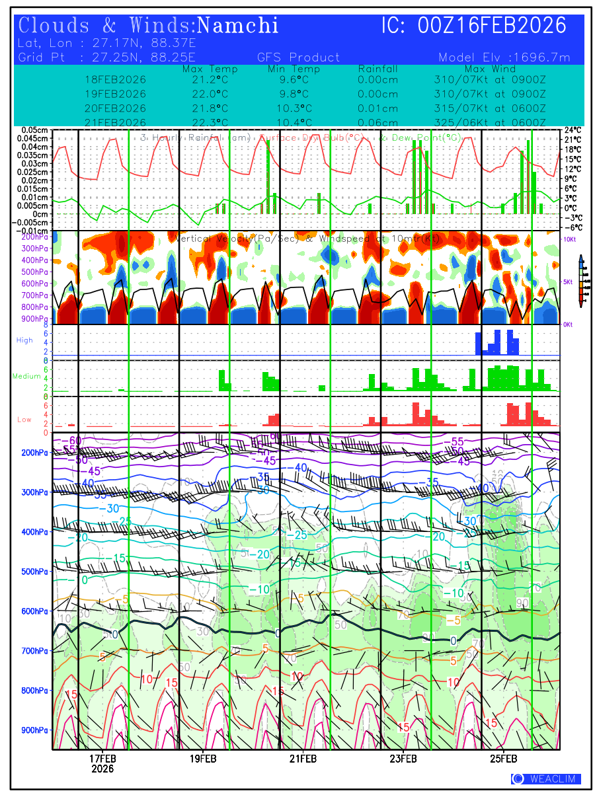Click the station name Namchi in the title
238,26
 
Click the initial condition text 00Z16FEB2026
493,26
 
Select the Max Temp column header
210,69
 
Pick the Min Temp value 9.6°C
294,79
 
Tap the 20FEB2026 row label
115,108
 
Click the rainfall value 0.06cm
377,123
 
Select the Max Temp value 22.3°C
210,123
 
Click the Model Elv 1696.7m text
504,57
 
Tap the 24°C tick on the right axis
573,130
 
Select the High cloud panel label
24,340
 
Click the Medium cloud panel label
26,376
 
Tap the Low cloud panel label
24,420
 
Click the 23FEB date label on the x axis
403,759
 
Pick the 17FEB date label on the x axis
102,759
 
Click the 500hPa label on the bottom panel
33,572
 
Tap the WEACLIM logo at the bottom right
546,779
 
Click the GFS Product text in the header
298,57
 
